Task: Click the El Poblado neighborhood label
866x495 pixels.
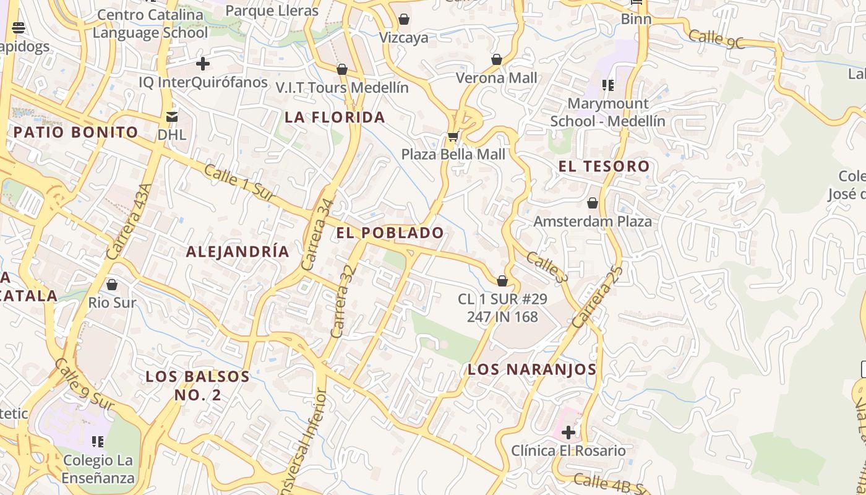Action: point(390,233)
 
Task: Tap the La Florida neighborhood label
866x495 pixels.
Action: point(335,117)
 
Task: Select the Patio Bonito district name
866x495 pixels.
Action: point(75,132)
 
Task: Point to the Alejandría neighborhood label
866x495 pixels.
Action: point(238,251)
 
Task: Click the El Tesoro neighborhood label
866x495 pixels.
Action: point(604,166)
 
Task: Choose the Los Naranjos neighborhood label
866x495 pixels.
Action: point(532,369)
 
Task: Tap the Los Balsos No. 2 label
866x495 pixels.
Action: point(197,385)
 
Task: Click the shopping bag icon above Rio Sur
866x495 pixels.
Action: point(112,285)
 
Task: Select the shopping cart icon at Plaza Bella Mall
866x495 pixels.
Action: point(453,136)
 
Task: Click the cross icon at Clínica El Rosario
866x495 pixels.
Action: point(568,432)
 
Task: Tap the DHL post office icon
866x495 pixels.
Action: point(171,116)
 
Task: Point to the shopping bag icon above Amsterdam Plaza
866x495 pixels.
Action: point(593,203)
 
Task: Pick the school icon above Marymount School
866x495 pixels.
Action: point(608,85)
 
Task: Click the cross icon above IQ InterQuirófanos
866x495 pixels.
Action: point(203,64)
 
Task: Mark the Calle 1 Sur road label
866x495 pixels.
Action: point(239,183)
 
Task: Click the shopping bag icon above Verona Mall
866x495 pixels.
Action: point(496,59)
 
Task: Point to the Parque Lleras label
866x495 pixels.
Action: point(272,11)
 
